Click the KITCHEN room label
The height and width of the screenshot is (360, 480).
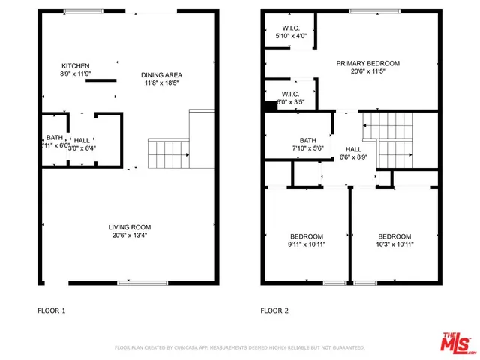click(x=76, y=65)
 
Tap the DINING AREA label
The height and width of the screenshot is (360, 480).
click(x=161, y=74)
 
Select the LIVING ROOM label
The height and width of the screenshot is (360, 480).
click(x=130, y=227)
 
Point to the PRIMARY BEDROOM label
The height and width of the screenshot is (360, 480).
click(x=367, y=63)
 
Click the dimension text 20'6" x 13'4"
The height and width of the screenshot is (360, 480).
click(x=130, y=236)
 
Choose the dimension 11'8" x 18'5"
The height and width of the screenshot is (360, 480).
click(x=161, y=83)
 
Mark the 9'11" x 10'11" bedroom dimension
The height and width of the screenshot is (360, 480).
click(x=307, y=244)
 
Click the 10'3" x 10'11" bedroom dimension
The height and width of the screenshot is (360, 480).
click(x=394, y=244)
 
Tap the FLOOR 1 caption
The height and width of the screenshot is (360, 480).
click(x=52, y=310)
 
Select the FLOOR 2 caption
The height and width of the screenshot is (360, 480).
click(x=275, y=310)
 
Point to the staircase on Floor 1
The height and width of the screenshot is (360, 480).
click(x=166, y=154)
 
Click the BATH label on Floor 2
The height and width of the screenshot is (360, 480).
click(x=308, y=140)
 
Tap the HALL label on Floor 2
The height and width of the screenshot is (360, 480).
click(x=353, y=149)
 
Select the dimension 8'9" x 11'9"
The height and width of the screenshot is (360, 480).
click(x=76, y=74)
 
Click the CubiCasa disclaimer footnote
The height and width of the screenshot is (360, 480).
click(x=239, y=348)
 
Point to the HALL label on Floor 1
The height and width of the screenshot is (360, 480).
click(x=82, y=139)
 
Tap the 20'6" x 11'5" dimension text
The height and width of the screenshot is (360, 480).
click(x=367, y=72)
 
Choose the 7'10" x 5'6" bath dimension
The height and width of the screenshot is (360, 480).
click(x=308, y=149)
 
